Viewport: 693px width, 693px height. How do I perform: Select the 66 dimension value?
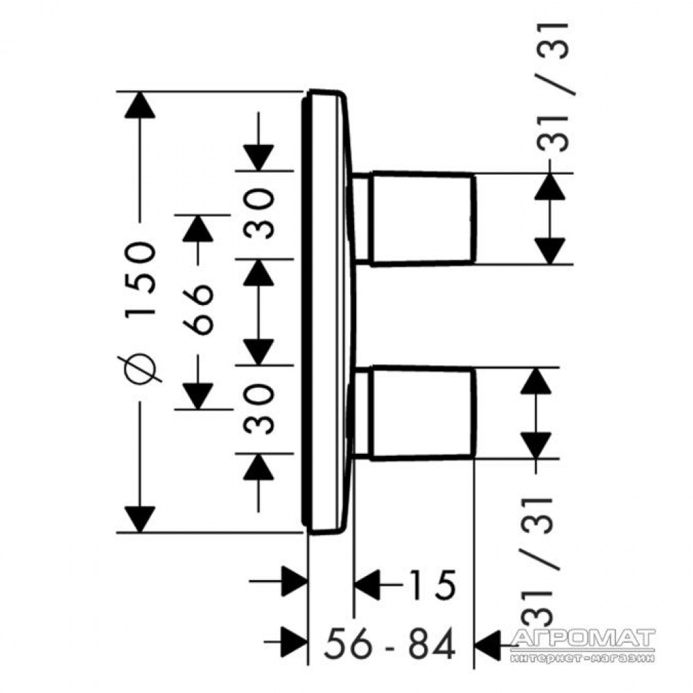coord(198,310)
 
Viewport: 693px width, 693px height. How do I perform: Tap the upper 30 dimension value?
coord(259,213)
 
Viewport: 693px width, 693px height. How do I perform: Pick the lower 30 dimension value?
coord(259,409)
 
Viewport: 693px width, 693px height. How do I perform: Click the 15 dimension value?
coord(432,585)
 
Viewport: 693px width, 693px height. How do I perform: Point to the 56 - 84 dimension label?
coord(389,644)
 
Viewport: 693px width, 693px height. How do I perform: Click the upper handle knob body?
coord(423,218)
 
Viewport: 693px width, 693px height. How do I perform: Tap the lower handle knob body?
coord(423,413)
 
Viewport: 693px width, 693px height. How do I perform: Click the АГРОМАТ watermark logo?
coord(582,644)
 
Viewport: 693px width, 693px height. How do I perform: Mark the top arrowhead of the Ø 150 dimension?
coord(140,105)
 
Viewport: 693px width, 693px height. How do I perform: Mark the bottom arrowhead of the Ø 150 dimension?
coord(140,520)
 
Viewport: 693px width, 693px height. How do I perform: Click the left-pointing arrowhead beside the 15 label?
coord(367,585)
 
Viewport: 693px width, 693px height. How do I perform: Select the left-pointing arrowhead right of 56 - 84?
coord(486,644)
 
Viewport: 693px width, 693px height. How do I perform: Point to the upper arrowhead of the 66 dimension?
coord(198,228)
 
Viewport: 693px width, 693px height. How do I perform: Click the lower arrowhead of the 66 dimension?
coord(198,396)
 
